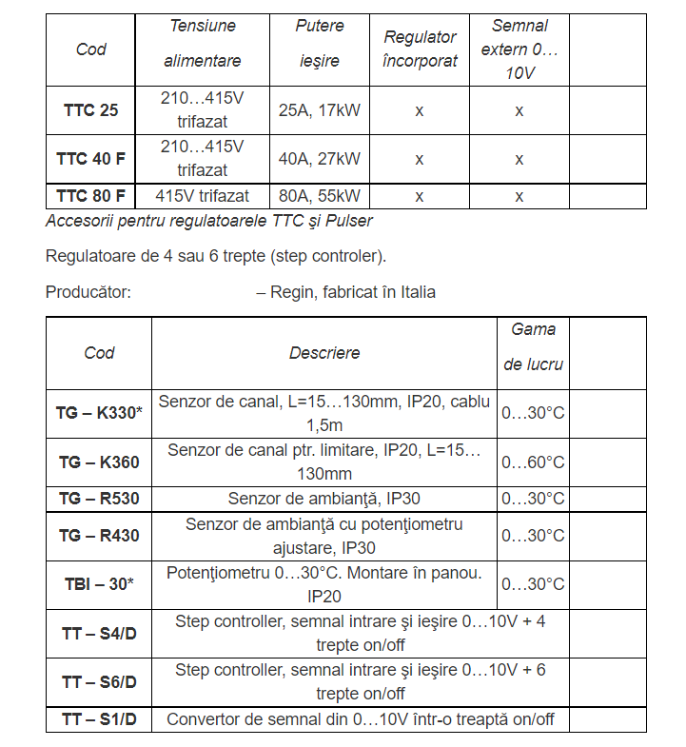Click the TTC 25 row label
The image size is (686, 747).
click(x=91, y=110)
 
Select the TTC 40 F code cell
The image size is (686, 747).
click(x=91, y=159)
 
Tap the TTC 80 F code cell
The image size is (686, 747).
click(x=91, y=196)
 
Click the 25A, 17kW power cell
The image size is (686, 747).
click(x=320, y=110)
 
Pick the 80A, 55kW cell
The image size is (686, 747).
click(x=320, y=196)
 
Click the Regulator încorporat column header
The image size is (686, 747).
click(x=420, y=49)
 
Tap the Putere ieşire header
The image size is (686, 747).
click(x=320, y=44)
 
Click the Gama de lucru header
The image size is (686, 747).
click(x=533, y=347)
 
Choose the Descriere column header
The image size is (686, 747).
click(x=324, y=353)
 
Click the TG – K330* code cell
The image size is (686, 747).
click(x=99, y=413)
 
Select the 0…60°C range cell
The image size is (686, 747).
click(x=533, y=462)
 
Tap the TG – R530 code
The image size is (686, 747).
click(x=99, y=499)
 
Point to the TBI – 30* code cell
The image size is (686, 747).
click(x=99, y=584)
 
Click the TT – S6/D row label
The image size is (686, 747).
click(x=99, y=682)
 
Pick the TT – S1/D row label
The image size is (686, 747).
click(x=99, y=719)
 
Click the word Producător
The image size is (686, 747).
click(x=88, y=292)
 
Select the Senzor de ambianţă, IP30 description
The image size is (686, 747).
click(x=324, y=499)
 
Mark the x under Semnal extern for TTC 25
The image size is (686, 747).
click(x=519, y=110)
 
